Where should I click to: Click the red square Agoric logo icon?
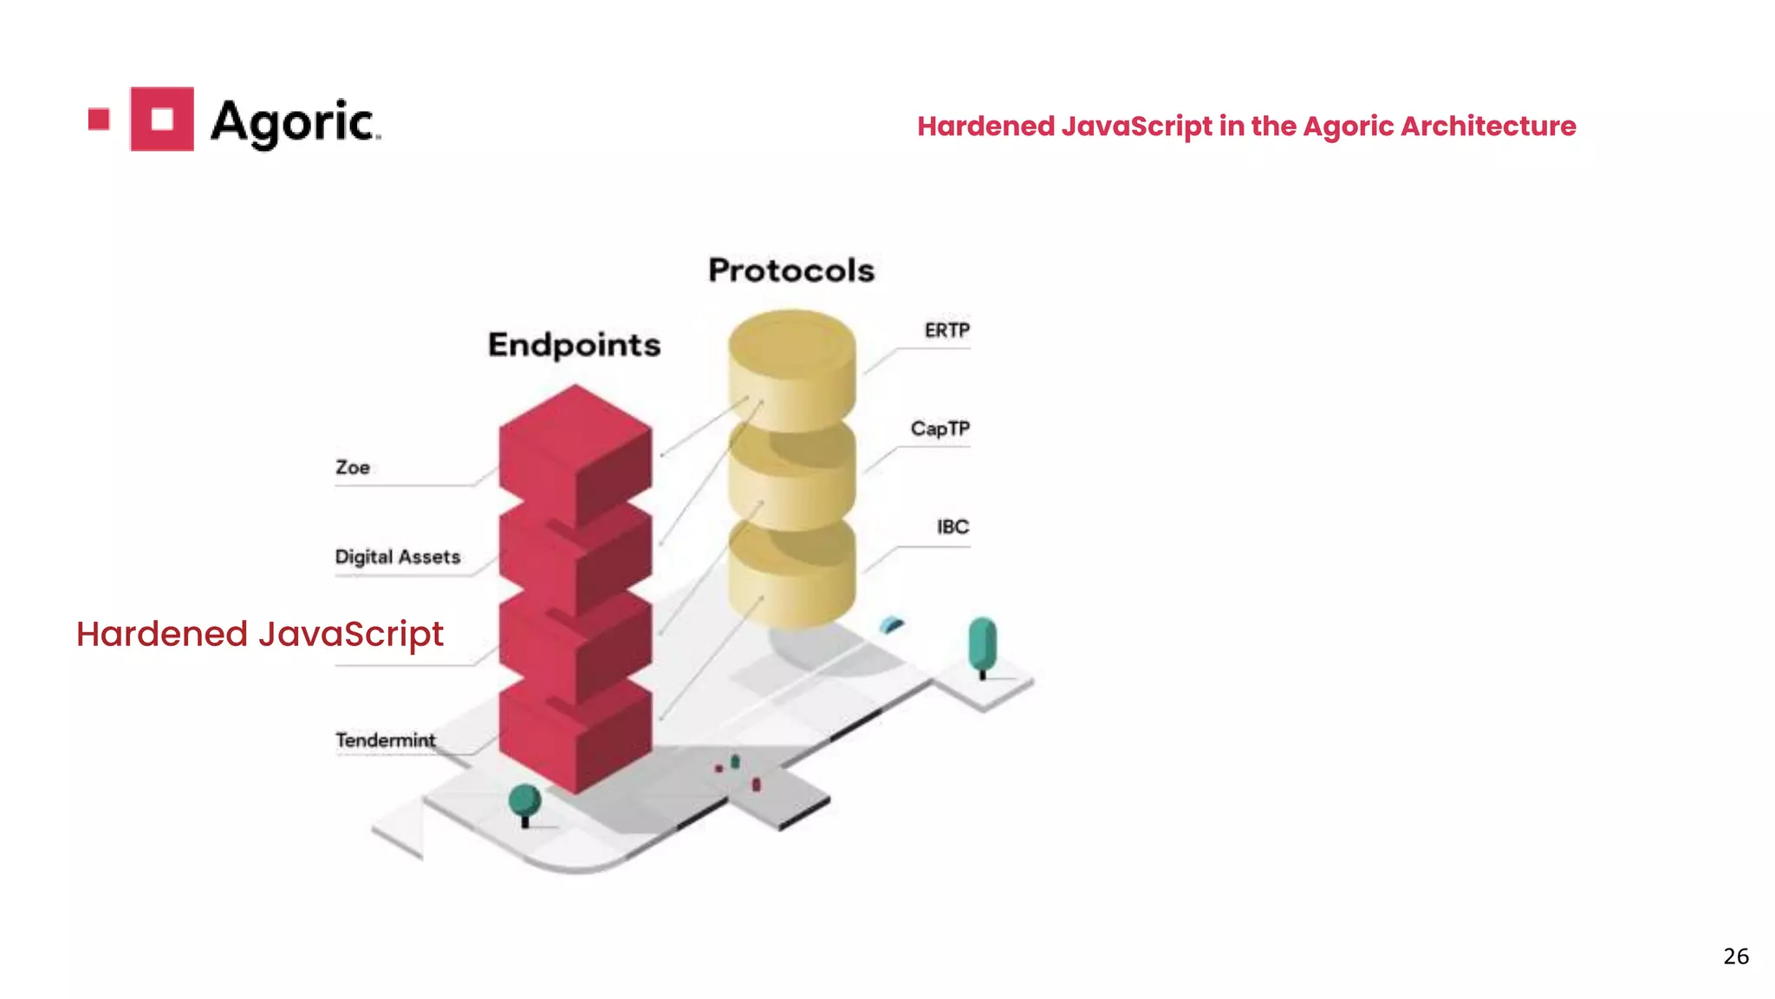[x=162, y=119]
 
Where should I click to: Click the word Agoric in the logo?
[x=294, y=122]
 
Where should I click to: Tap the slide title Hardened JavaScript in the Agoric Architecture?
[x=1246, y=127]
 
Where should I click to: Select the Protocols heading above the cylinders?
[x=791, y=271]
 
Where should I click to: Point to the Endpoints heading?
[x=574, y=345]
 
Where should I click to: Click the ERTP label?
[x=946, y=330]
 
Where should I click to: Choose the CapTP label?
[x=940, y=428]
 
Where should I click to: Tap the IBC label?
[x=953, y=526]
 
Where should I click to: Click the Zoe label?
[x=353, y=467]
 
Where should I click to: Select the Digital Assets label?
[x=398, y=557]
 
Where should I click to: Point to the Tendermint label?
[x=386, y=740]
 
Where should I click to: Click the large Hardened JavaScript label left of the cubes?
[x=260, y=634]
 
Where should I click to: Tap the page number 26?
[x=1735, y=956]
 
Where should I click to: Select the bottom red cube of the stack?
[x=575, y=737]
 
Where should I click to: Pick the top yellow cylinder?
[x=791, y=364]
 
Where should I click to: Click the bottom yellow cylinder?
[x=791, y=572]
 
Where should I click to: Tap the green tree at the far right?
[x=982, y=643]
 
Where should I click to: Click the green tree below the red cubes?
[x=524, y=801]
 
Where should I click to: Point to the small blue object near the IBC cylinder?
[x=892, y=624]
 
